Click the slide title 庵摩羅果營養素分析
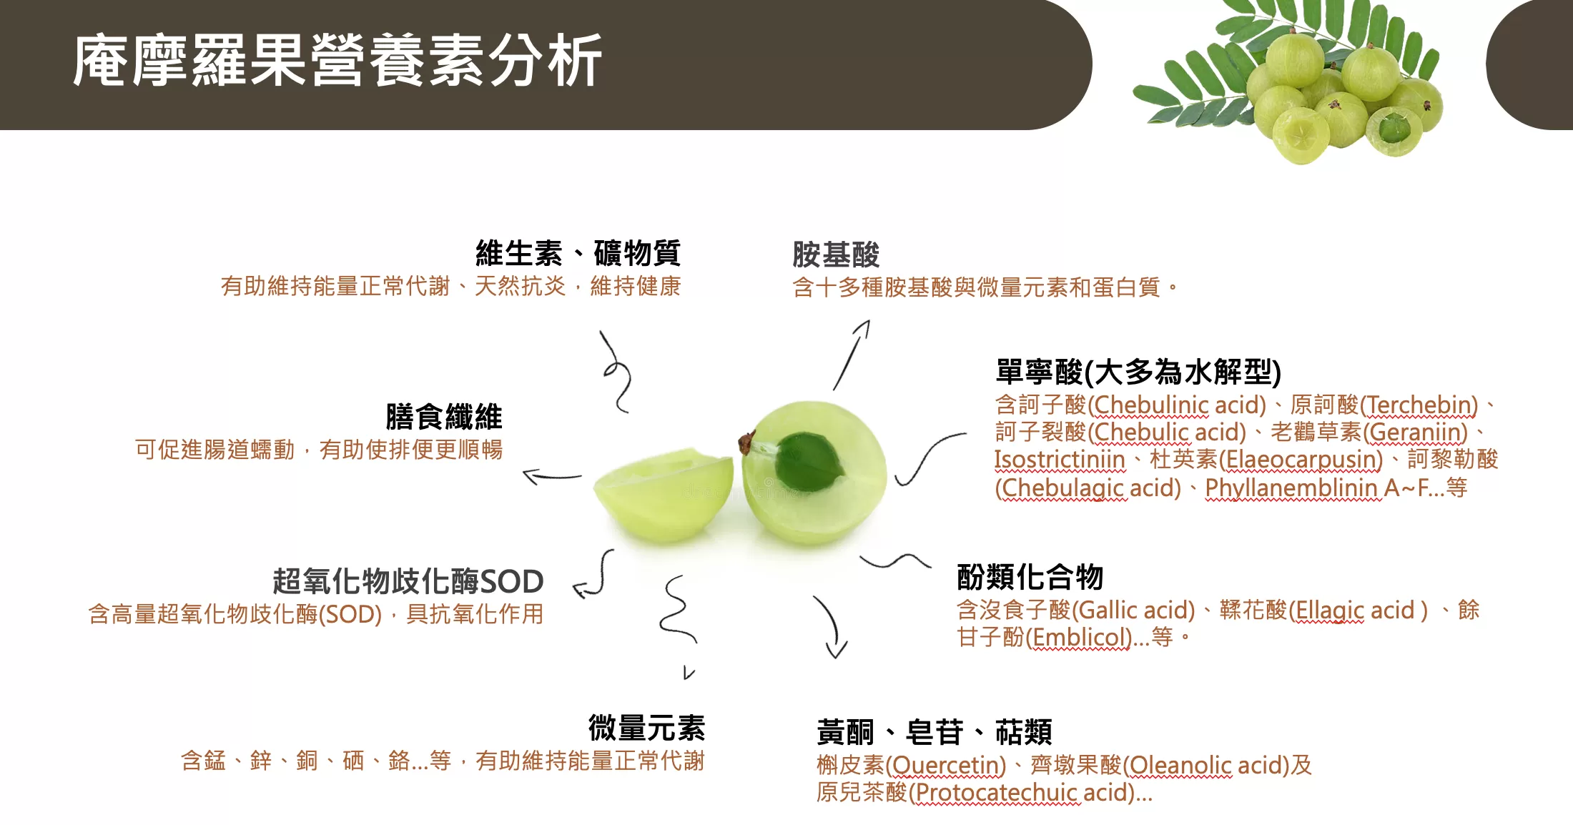point(337,61)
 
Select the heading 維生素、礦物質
point(578,253)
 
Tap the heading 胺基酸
point(836,255)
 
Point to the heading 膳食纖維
point(444,417)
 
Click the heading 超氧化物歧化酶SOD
point(408,581)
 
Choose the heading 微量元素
point(646,728)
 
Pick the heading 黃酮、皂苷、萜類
point(935,732)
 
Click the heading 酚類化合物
point(1030,576)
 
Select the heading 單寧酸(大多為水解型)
point(1138,372)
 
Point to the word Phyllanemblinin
point(1291,488)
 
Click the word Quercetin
point(945,766)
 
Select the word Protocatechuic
point(997,793)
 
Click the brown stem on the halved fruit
point(747,442)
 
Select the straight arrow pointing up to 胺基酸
point(852,355)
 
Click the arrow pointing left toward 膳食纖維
point(552,476)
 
